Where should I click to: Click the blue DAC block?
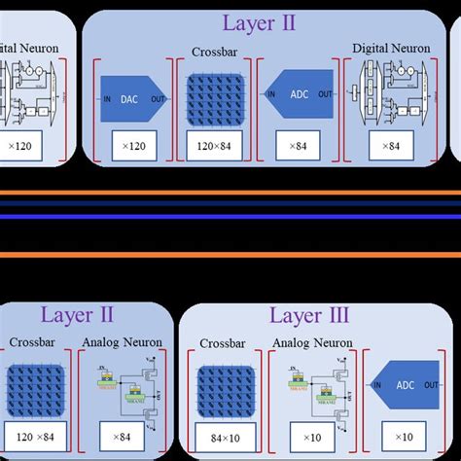tap(131, 95)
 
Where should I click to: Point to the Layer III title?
tap(309, 316)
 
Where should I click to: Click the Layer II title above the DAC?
tap(259, 21)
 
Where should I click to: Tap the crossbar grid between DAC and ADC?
tap(214, 95)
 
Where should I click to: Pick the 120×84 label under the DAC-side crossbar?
tap(214, 146)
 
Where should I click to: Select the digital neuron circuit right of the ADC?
tap(394, 95)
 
